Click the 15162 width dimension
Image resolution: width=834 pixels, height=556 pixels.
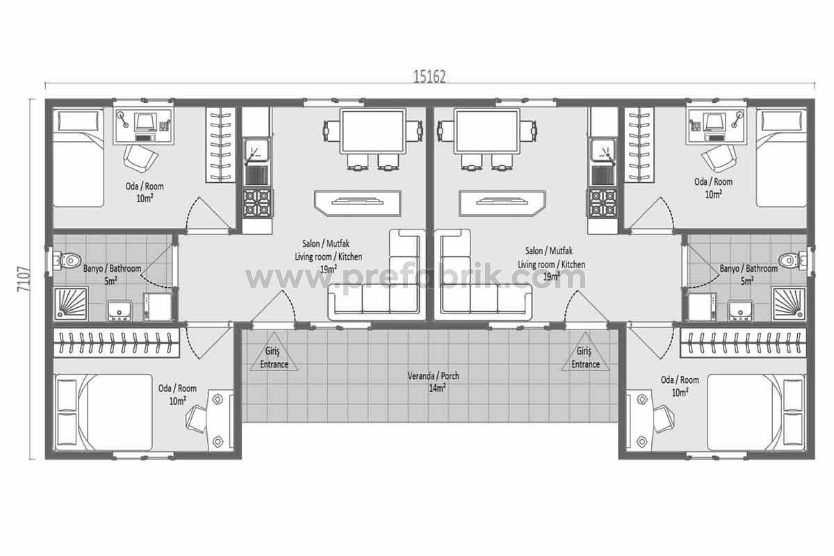[x=430, y=76]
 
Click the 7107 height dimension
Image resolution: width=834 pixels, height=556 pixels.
[x=24, y=279]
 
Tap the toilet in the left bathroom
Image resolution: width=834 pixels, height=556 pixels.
[x=67, y=261]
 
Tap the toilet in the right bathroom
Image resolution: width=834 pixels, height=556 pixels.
[x=792, y=261]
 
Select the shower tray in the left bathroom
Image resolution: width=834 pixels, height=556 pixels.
[x=71, y=304]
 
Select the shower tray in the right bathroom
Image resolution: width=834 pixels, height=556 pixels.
[x=789, y=304]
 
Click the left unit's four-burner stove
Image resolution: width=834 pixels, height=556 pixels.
[x=258, y=204]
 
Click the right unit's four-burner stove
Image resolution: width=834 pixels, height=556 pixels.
[x=603, y=204]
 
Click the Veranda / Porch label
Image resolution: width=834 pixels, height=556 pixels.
[x=434, y=376]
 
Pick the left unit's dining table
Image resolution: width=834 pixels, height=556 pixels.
[x=373, y=131]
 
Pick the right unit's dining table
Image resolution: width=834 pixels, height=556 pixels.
[x=487, y=131]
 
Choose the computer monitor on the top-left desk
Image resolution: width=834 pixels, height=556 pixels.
[x=145, y=122]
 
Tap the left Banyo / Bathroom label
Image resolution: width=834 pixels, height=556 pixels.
[x=112, y=268]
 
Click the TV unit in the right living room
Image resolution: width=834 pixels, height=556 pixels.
[x=502, y=203]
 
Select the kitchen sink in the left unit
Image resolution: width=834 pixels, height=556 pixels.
[x=257, y=151]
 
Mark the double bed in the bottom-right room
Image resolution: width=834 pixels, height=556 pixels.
[x=757, y=412]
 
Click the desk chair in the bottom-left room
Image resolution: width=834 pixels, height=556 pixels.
[x=196, y=420]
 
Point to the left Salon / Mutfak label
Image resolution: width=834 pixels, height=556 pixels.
[x=326, y=243]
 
